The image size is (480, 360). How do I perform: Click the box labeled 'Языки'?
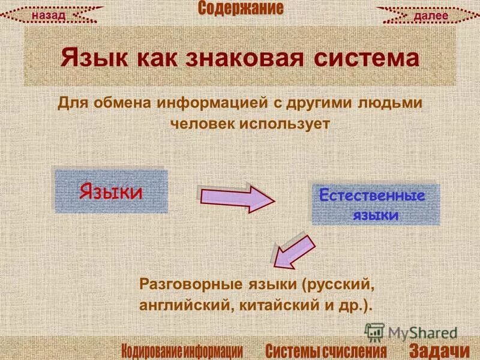click(x=111, y=191)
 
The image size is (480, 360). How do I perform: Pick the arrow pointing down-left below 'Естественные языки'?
click(x=292, y=252)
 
